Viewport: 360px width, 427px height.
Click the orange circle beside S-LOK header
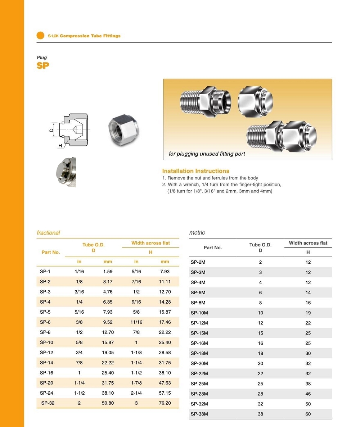coord(40,35)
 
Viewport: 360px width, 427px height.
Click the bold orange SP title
coord(42,66)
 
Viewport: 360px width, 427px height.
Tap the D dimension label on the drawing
coord(51,130)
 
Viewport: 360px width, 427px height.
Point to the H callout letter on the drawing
coord(60,146)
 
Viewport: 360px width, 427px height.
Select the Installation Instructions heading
coord(195,171)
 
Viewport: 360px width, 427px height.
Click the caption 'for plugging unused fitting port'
coord(207,154)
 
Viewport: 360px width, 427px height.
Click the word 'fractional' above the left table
coord(48,233)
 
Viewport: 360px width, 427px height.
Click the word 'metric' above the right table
coord(197,233)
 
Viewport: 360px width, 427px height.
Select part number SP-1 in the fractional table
coord(45,272)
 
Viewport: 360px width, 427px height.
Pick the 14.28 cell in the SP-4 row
coord(165,302)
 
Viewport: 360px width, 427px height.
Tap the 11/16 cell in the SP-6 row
coord(136,322)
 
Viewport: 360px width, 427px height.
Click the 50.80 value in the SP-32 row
coord(108,403)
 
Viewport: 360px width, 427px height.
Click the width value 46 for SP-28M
coord(308,394)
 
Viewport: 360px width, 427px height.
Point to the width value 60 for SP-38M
coord(308,414)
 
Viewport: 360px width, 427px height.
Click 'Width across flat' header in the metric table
coord(308,243)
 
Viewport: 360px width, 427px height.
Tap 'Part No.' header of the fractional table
coord(51,252)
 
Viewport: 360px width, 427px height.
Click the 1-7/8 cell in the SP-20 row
coord(136,383)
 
